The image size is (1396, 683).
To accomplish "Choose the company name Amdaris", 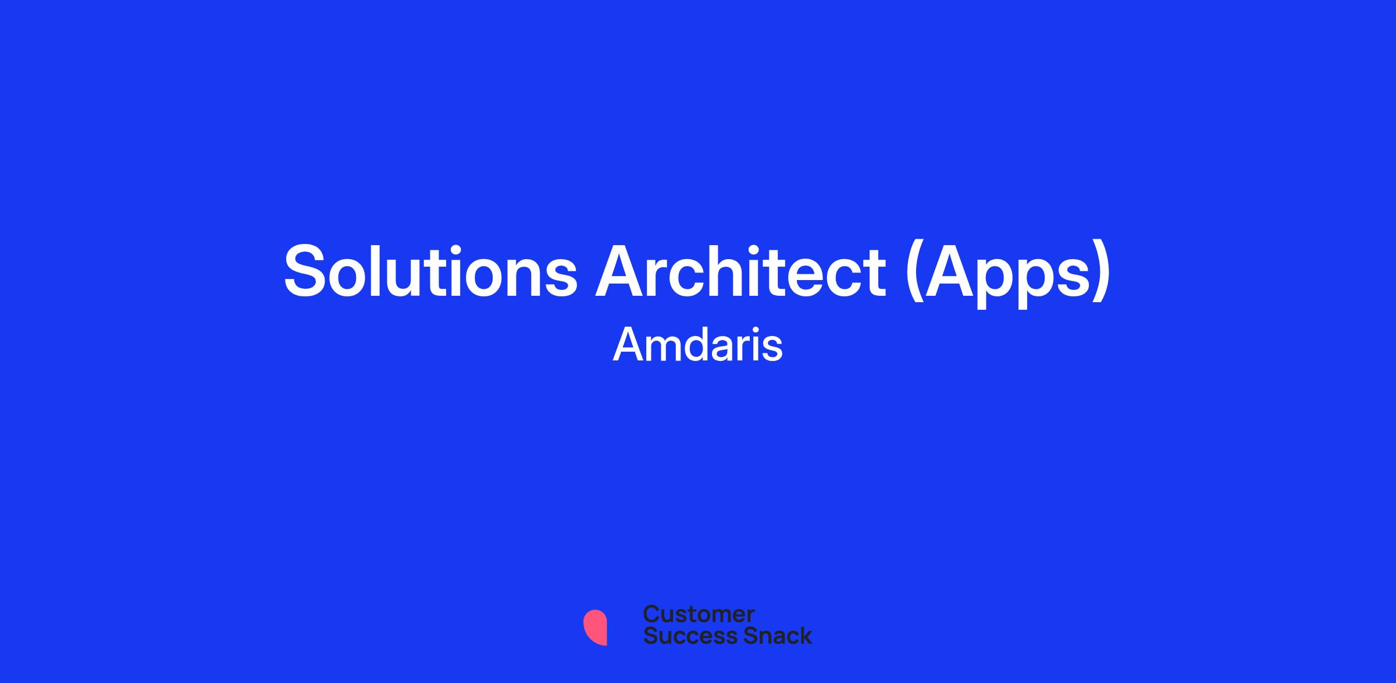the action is pyautogui.click(x=698, y=345).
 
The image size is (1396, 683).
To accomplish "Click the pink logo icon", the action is pyautogui.click(x=595, y=627).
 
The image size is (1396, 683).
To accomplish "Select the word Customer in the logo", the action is pyautogui.click(x=699, y=614).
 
